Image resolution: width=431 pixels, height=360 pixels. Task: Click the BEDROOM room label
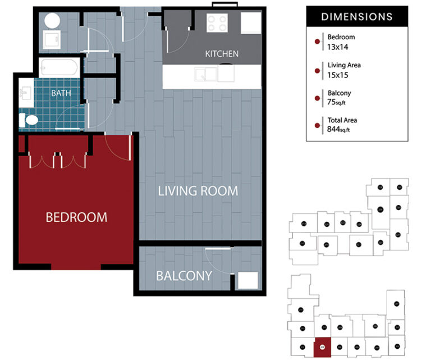tap(76, 217)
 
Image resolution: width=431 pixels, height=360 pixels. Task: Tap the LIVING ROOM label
tap(198, 191)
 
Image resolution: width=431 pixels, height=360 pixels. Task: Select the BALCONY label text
tap(184, 276)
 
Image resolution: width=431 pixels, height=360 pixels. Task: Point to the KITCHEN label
tap(222, 54)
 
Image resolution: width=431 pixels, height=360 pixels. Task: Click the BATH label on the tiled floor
tap(61, 93)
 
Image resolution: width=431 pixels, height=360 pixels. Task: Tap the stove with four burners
tap(217, 23)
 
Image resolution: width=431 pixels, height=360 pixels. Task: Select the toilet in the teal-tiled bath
tap(29, 120)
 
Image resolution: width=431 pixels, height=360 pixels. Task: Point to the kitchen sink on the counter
tap(205, 74)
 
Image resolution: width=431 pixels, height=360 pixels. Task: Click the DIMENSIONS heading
tap(357, 17)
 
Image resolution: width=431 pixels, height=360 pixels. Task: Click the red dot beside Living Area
tap(317, 70)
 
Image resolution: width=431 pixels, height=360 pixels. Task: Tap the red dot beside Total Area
tap(317, 125)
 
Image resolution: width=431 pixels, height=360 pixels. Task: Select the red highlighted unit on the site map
tap(322, 347)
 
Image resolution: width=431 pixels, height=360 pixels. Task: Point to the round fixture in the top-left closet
tap(52, 21)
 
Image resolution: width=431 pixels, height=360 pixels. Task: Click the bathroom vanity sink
tap(26, 93)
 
